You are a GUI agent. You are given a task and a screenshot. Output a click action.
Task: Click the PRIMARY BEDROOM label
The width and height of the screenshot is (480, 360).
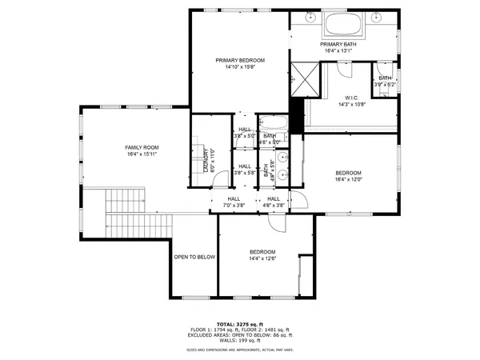click(x=240, y=60)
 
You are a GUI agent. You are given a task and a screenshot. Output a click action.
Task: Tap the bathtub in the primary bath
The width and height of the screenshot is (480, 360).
click(x=343, y=23)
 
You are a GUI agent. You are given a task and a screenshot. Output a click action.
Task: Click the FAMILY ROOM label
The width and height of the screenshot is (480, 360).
click(x=142, y=147)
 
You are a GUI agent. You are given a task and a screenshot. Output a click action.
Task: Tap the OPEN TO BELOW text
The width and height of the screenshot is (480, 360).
click(x=195, y=257)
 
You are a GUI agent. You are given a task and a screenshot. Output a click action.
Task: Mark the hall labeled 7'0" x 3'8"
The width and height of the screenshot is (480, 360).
click(x=234, y=206)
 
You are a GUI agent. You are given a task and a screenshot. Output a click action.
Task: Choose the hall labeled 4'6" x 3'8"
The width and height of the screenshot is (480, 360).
click(x=274, y=206)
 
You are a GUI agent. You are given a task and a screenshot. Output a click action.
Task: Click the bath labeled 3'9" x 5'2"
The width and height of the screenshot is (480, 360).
click(x=385, y=84)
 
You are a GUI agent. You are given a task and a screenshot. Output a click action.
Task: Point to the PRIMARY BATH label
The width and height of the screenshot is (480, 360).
click(x=338, y=44)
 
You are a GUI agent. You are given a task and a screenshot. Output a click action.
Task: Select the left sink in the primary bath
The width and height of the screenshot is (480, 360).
click(x=309, y=17)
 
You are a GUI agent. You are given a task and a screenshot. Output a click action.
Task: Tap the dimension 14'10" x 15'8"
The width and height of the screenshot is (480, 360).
click(x=240, y=67)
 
